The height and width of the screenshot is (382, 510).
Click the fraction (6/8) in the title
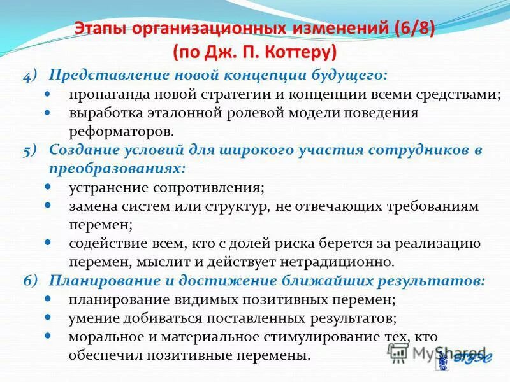407,29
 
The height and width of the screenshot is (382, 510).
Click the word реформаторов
121,132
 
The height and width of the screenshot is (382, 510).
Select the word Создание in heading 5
84,151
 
